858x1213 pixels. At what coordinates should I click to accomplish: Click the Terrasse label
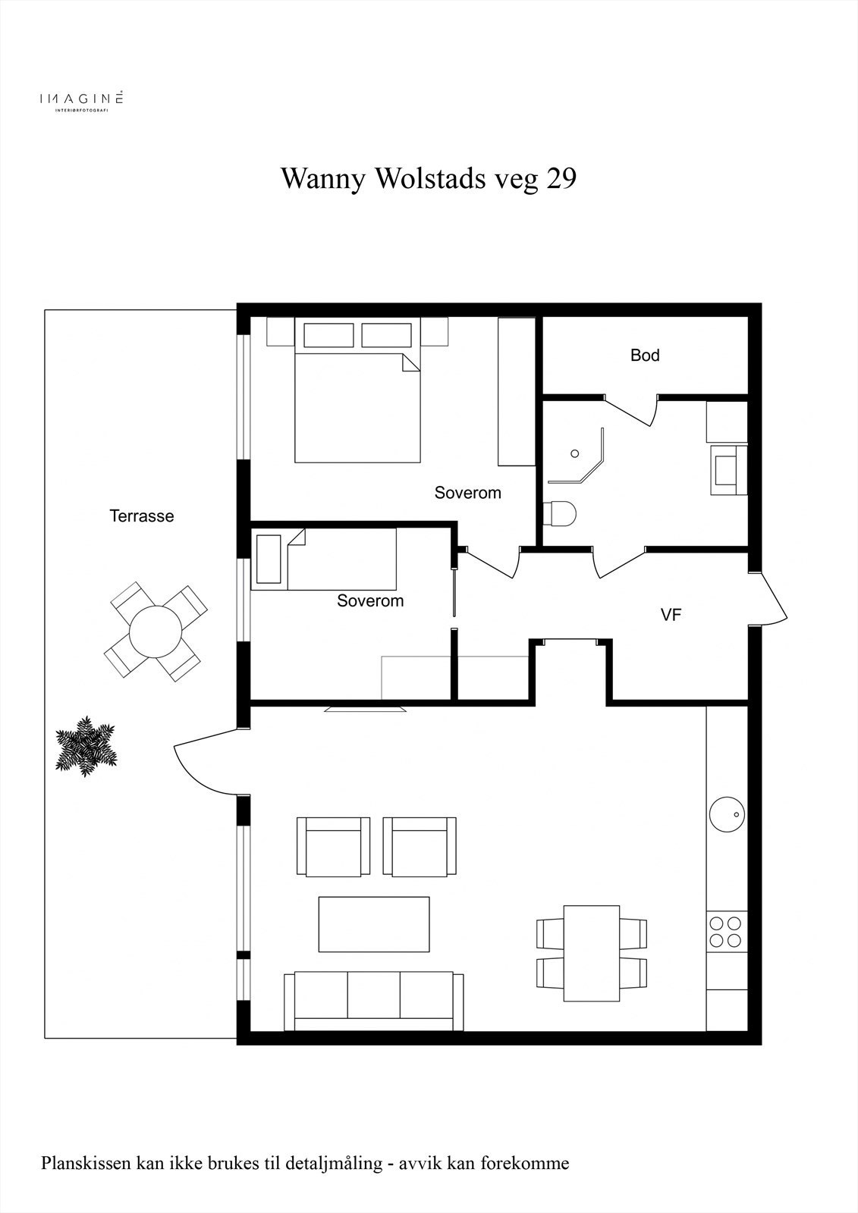(141, 516)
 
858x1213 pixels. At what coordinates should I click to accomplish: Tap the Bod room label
(645, 356)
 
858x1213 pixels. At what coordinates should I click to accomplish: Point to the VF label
(671, 615)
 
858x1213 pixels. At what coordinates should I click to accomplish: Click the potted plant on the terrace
(86, 746)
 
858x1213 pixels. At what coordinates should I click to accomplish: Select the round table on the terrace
(156, 632)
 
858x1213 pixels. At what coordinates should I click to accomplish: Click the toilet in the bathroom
(559, 512)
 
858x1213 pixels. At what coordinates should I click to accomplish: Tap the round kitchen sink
(727, 814)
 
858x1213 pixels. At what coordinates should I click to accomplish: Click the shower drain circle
(575, 453)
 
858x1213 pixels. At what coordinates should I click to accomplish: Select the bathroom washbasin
(728, 469)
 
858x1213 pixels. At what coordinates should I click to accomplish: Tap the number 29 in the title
(561, 178)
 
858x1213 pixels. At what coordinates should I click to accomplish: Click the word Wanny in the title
(322, 178)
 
